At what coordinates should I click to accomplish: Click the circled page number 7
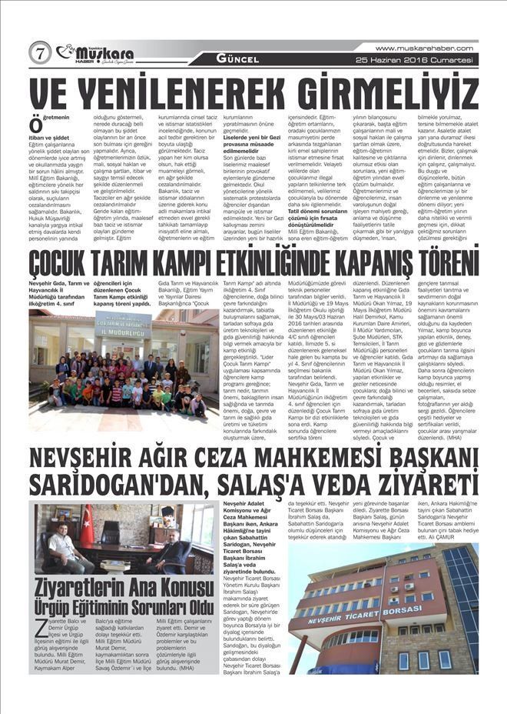40,53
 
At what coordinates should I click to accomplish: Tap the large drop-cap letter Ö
35,125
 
